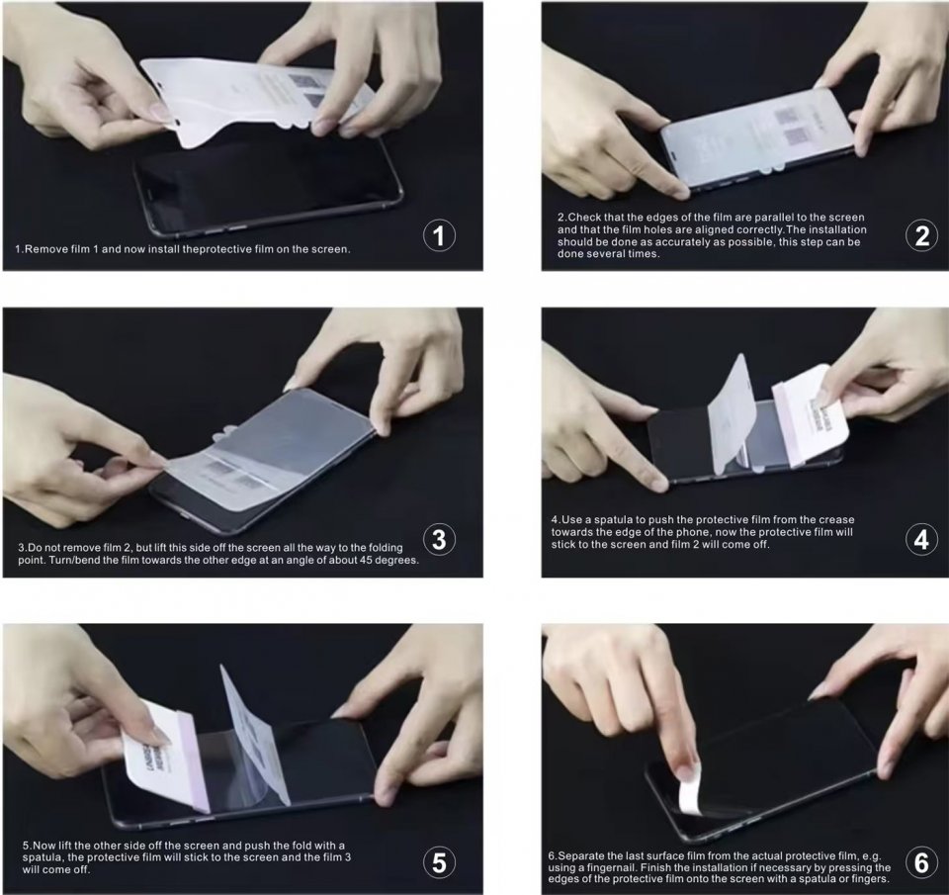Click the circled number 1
pos(439,235)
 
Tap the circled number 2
pos(921,235)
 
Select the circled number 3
pos(439,540)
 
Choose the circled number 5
pos(439,862)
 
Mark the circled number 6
pos(921,862)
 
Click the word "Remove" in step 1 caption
pos(42,249)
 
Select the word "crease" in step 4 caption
pos(836,519)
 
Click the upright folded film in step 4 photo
pos(732,414)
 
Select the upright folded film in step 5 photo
pos(254,735)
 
